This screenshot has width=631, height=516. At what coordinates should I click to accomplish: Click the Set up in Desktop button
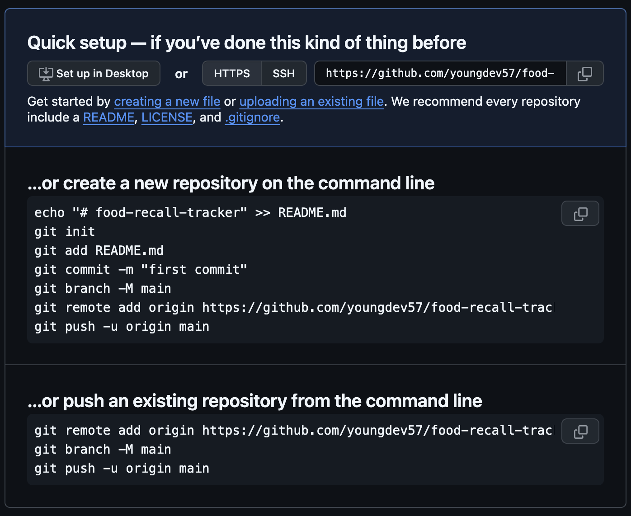(94, 73)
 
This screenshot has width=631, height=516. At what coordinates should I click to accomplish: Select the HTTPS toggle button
(231, 73)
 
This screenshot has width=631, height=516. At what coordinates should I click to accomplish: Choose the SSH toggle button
(283, 73)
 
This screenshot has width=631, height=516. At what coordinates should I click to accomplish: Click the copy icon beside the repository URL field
(584, 73)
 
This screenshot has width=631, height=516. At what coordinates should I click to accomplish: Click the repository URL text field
(440, 73)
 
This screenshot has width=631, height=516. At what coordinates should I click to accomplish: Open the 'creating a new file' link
(167, 102)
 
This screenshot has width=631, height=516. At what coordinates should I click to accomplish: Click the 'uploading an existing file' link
(311, 102)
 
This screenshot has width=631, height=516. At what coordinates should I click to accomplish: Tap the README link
(108, 117)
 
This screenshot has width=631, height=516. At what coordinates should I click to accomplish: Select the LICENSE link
(167, 117)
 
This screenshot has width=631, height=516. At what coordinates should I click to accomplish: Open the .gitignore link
(253, 117)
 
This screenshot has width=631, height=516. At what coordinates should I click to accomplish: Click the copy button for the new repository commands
(580, 213)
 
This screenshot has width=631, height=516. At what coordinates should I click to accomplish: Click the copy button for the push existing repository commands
(580, 431)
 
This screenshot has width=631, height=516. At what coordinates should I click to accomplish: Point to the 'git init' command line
(65, 232)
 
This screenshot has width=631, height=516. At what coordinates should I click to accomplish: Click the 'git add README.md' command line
(99, 251)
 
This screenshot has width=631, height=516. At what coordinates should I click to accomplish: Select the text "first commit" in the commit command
(194, 270)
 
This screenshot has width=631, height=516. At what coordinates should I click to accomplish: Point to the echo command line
(190, 213)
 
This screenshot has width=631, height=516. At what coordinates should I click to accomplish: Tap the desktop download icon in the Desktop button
(46, 74)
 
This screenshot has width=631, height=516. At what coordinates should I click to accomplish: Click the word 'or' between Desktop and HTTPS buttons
(181, 74)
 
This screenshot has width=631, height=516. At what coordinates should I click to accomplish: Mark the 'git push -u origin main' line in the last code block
(122, 469)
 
